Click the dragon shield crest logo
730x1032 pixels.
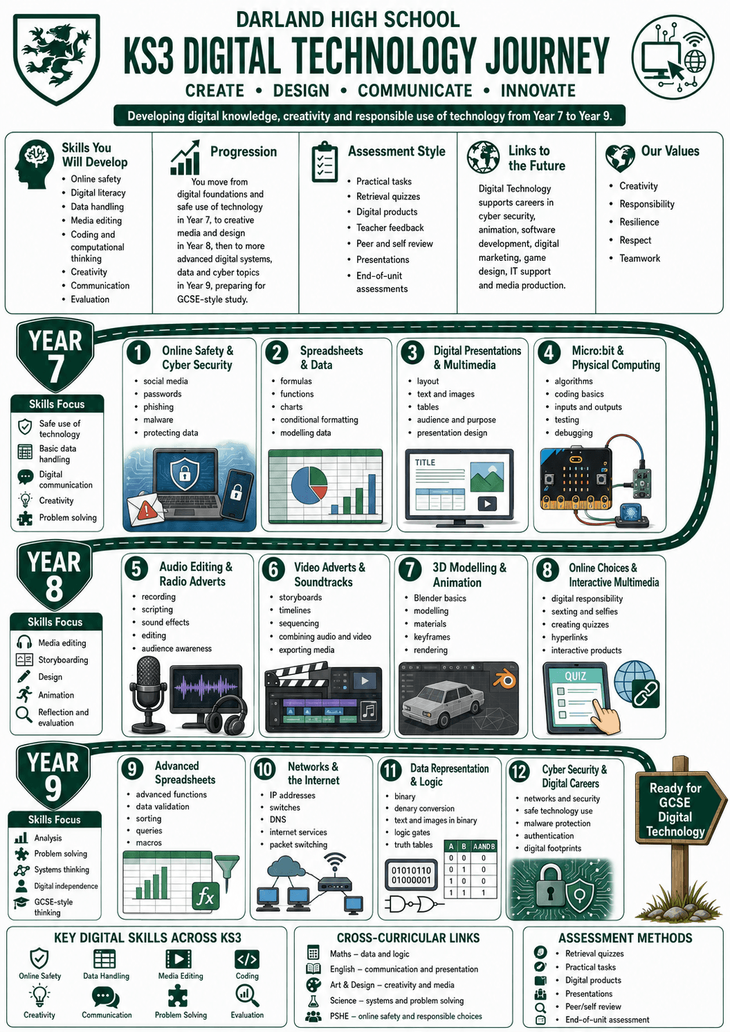pyautogui.click(x=56, y=59)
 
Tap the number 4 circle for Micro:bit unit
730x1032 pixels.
pyautogui.click(x=549, y=353)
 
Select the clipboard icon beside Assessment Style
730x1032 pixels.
pyautogui.click(x=325, y=162)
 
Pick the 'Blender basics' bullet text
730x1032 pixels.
pyautogui.click(x=440, y=598)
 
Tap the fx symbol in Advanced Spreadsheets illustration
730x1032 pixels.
pyautogui.click(x=206, y=896)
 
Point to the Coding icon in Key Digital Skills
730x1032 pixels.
pyautogui.click(x=247, y=959)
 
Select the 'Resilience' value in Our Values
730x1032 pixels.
pyautogui.click(x=639, y=222)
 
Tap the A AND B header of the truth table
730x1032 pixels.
pyautogui.click(x=484, y=847)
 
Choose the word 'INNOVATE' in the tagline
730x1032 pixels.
pyautogui.click(x=538, y=90)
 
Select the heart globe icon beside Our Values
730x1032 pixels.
pyautogui.click(x=620, y=158)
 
